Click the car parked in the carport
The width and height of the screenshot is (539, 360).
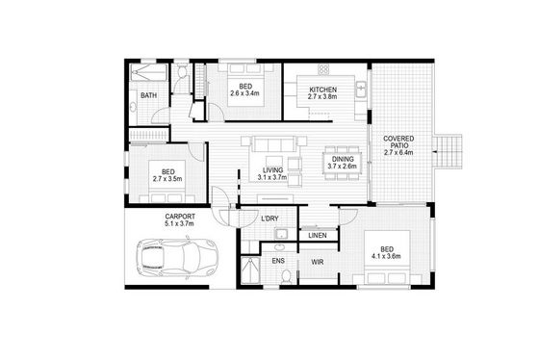point(177,256)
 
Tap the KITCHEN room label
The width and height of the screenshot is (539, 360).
point(322,90)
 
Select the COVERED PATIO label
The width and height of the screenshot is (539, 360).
point(398,142)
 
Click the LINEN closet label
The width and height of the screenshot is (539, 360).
point(318,236)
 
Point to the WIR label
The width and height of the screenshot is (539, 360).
point(318,263)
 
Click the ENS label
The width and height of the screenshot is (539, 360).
point(278,261)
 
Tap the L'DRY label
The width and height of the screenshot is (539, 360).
point(269,219)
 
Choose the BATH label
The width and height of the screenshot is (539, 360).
point(148,95)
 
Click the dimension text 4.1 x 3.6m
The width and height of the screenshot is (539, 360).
point(386,256)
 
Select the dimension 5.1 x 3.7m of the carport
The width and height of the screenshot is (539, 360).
point(179,223)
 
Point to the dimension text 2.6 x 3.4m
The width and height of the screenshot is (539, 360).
point(244,93)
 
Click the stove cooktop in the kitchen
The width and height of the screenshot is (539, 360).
point(323,70)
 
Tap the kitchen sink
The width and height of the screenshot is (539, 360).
point(361,90)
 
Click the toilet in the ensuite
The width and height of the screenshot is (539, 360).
point(286,276)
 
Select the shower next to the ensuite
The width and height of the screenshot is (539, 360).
point(249,270)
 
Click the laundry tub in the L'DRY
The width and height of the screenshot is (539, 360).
point(281,234)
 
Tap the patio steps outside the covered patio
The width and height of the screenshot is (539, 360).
point(448,151)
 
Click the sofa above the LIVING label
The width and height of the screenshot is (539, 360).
point(274,143)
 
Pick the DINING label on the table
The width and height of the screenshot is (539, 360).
point(343,159)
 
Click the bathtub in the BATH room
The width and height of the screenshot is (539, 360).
point(149,72)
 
